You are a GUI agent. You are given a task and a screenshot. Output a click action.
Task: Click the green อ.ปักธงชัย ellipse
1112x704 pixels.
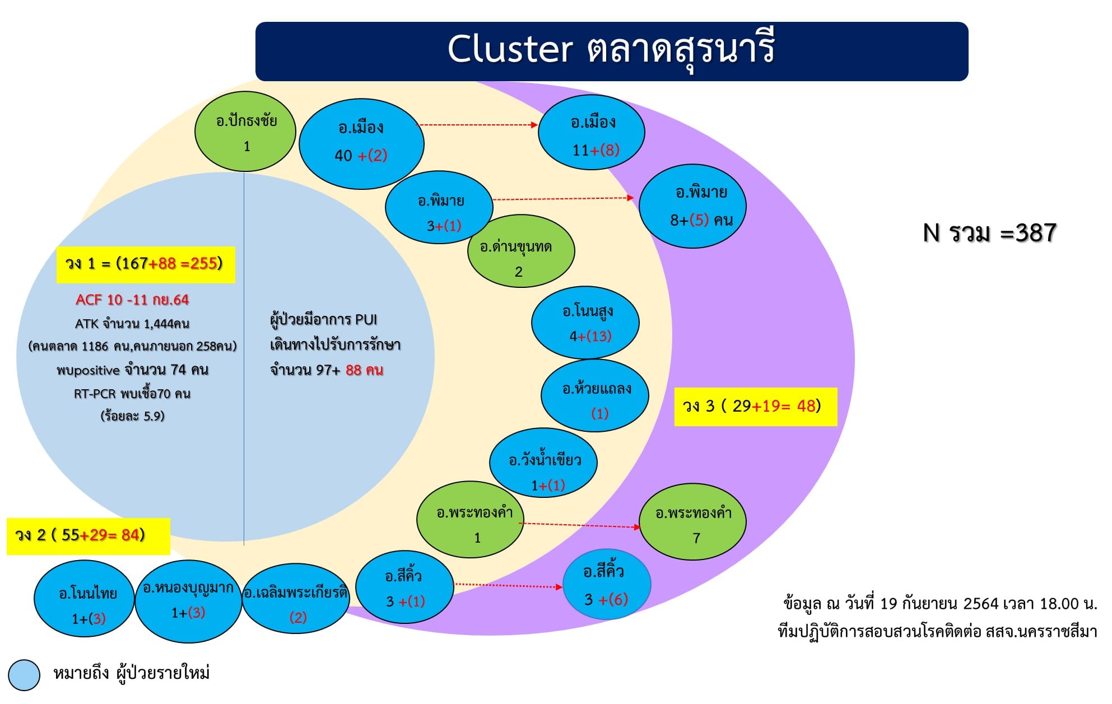245,132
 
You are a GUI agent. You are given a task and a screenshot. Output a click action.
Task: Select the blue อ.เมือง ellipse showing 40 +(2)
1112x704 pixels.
361,144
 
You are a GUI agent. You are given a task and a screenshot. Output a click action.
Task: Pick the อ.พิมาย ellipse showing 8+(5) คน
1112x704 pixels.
692,206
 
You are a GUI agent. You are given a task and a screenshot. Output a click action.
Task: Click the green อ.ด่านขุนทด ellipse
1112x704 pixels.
521,251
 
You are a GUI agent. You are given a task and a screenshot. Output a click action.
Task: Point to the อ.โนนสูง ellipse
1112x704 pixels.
585,323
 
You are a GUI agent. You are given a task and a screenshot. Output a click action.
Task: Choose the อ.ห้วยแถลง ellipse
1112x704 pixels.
595,395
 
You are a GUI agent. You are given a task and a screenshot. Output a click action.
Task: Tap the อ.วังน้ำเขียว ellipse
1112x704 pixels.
543,463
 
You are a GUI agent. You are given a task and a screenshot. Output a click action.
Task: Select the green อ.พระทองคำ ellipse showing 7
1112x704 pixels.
693,522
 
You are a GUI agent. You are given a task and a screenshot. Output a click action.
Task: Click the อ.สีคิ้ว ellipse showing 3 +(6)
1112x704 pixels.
607,584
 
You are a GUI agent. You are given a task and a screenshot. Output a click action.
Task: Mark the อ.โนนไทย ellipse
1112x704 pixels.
84,599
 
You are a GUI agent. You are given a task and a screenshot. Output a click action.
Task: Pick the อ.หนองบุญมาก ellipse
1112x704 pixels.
188,602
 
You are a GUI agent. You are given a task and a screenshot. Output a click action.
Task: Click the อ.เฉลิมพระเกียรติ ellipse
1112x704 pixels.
296,599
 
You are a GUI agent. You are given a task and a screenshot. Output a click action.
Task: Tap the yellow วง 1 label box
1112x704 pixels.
146,264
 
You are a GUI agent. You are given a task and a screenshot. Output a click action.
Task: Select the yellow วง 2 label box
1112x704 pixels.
89,536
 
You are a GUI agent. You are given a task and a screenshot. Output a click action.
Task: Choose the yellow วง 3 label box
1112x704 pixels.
756,407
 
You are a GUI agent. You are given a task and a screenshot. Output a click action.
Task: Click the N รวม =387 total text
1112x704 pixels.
989,233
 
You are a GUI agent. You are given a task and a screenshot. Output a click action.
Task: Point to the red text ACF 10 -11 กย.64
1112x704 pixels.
132,300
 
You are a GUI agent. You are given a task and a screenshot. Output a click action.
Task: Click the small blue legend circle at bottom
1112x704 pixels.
25,675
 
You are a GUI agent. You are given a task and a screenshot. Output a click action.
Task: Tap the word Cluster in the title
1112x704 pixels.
510,49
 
